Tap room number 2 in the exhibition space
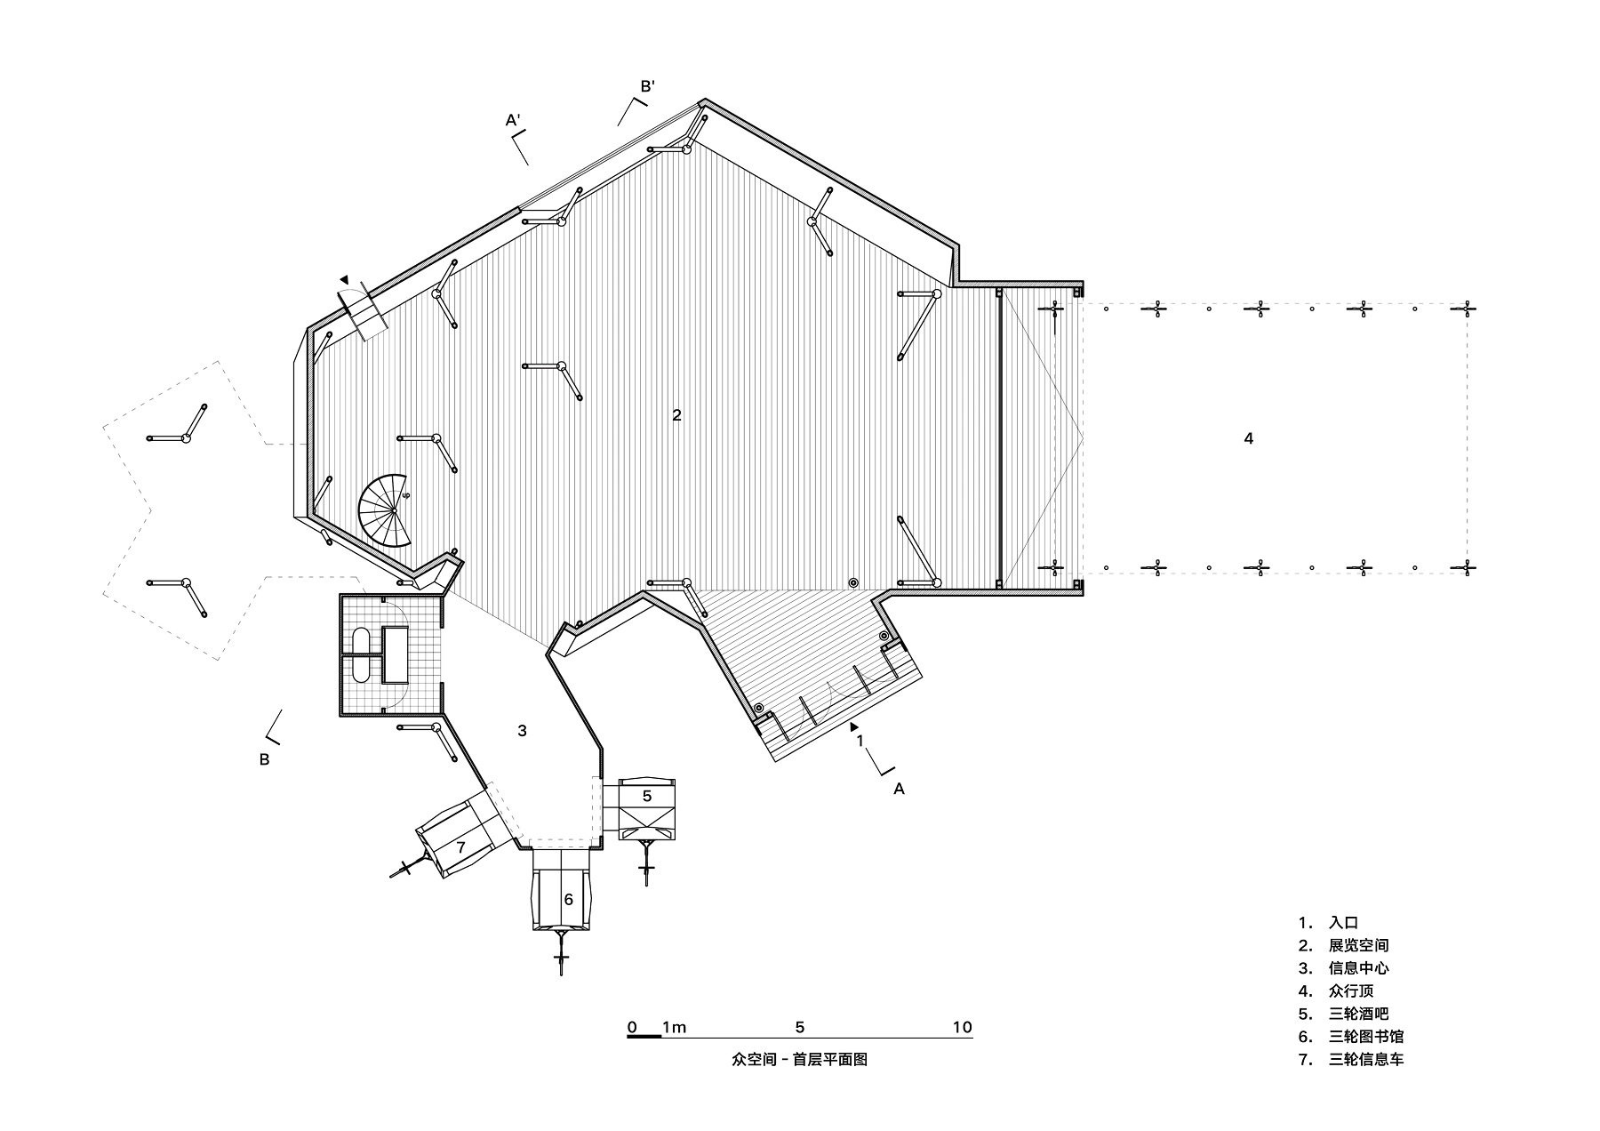pos(676,414)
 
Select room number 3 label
pos(522,731)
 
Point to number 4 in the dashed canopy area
pos(1249,438)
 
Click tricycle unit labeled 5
pos(647,807)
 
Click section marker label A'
pos(513,119)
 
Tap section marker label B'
pos(648,86)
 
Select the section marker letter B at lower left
pos(264,760)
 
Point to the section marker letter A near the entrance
pos(899,789)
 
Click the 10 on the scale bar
pos(963,1028)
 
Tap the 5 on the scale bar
pos(800,1028)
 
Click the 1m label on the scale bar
pos(674,1028)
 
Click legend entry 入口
pos(1343,923)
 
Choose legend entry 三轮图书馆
pos(1366,1037)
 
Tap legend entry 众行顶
pos(1351,991)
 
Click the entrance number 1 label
pos(860,740)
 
